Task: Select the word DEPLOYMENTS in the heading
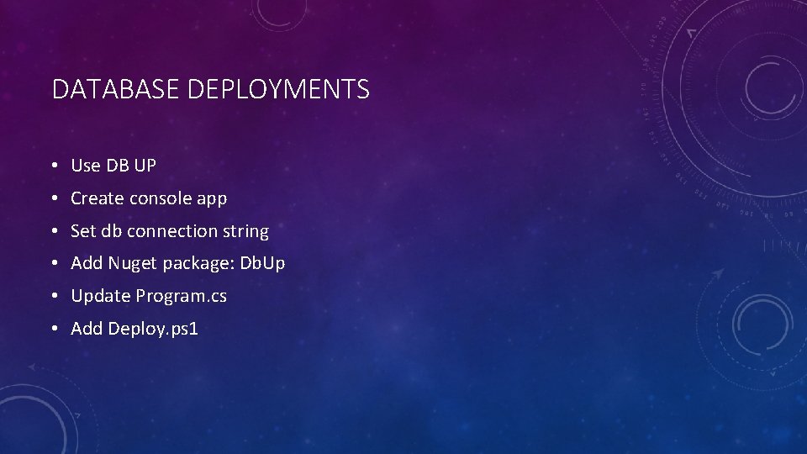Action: tap(278, 89)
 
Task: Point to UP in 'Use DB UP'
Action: tap(145, 166)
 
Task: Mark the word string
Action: tap(245, 231)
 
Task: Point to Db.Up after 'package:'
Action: tap(263, 264)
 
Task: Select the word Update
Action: tap(101, 297)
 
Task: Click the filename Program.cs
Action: tap(182, 297)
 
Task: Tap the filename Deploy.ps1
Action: tap(153, 329)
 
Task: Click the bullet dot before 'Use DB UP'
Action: tap(53, 166)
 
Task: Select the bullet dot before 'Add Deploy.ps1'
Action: tap(53, 330)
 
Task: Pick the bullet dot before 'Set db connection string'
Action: tap(53, 232)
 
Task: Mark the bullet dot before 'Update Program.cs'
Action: tap(53, 297)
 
